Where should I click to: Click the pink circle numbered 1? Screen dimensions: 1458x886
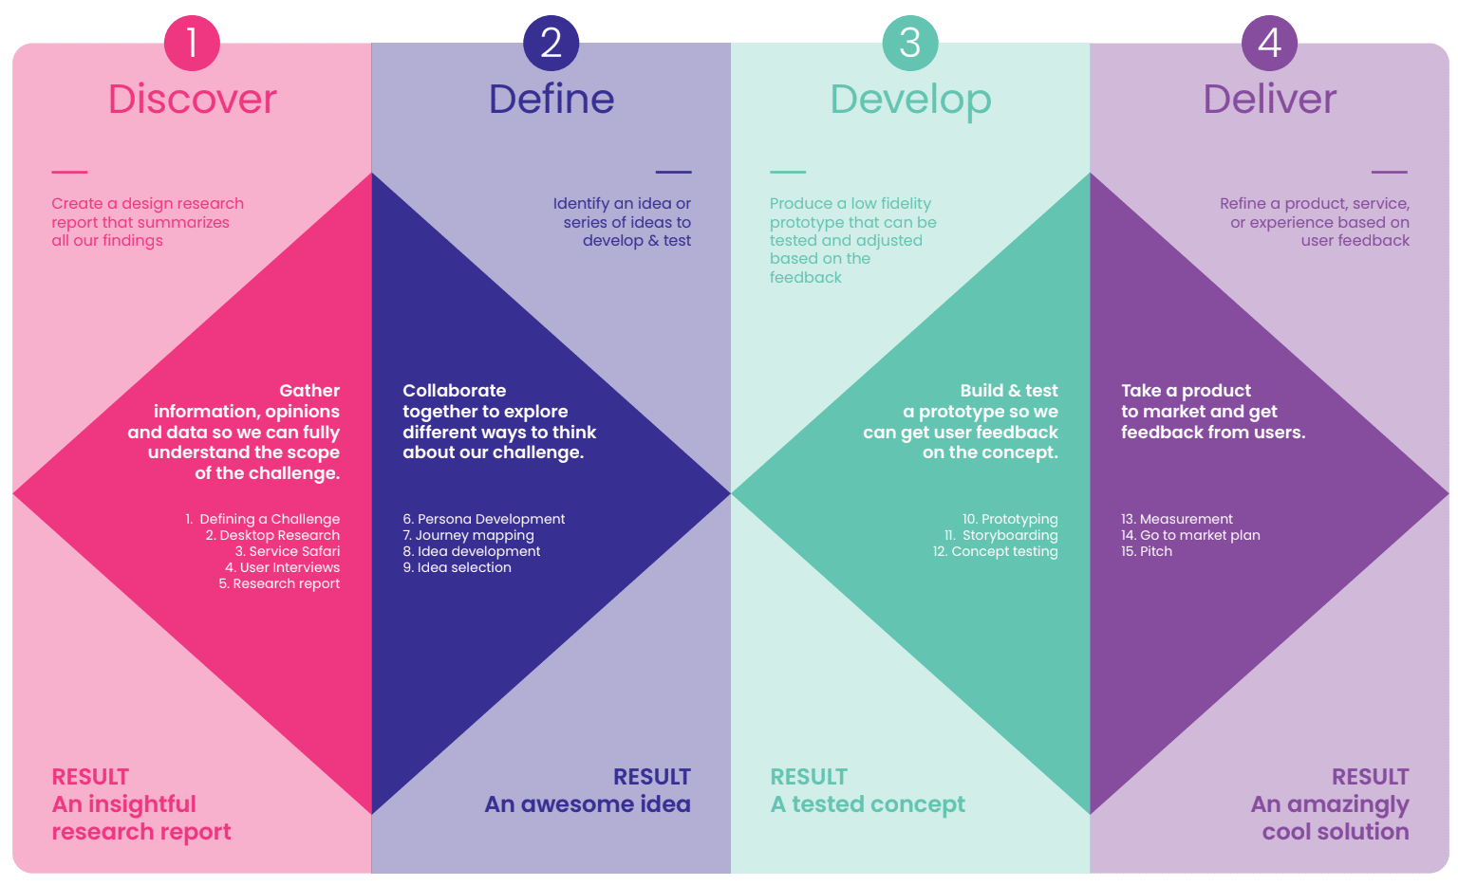click(192, 43)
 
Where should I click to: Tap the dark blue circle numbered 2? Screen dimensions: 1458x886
click(551, 43)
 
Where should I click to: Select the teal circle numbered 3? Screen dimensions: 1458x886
click(910, 43)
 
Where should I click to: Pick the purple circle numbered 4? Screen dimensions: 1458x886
click(1270, 43)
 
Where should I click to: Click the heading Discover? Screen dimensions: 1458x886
click(193, 99)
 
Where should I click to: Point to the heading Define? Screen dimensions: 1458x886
click(551, 99)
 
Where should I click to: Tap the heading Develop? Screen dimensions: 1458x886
click(910, 101)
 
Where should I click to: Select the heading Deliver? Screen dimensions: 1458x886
click(1270, 99)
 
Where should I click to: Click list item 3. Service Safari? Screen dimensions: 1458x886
click(288, 551)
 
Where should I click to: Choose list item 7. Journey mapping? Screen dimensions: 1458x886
click(469, 535)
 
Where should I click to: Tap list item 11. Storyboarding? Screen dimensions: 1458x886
click(1001, 535)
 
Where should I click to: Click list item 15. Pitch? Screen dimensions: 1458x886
click(1147, 551)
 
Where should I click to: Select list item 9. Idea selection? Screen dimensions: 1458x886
click(457, 567)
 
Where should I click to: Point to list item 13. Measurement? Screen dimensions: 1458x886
click(1177, 519)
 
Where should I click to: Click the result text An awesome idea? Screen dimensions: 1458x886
click(588, 804)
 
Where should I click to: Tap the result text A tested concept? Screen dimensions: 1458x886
click(868, 805)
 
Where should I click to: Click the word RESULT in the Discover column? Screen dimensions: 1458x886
click(90, 777)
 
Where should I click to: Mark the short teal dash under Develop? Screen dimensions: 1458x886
click(788, 172)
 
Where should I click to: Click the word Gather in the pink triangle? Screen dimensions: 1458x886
click(309, 390)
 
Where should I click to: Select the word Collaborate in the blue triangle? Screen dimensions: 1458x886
click(455, 390)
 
